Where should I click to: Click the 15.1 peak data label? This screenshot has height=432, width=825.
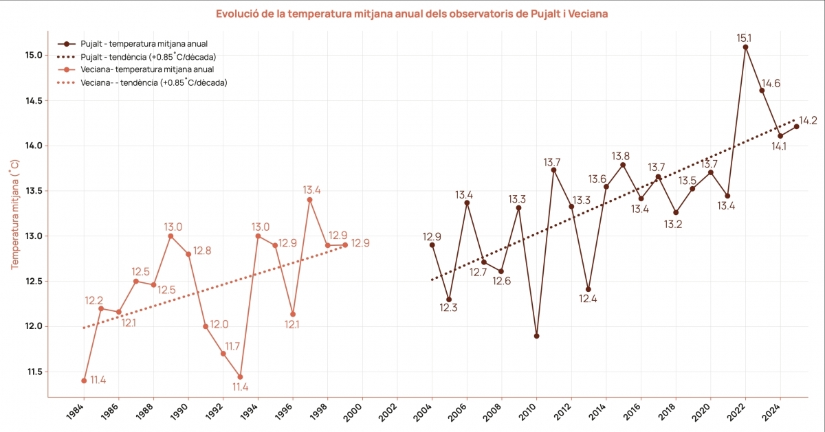[744, 38]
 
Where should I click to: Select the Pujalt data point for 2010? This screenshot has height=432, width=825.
[536, 336]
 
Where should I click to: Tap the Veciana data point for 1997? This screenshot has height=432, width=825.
[309, 199]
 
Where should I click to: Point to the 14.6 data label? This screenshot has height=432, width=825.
[770, 84]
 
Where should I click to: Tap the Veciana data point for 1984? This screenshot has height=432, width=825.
[84, 380]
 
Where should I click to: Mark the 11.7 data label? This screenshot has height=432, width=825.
[232, 347]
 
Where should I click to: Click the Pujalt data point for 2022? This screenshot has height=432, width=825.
[745, 47]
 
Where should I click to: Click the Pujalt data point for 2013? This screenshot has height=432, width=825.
[588, 289]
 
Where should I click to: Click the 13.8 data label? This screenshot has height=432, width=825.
[621, 155]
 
